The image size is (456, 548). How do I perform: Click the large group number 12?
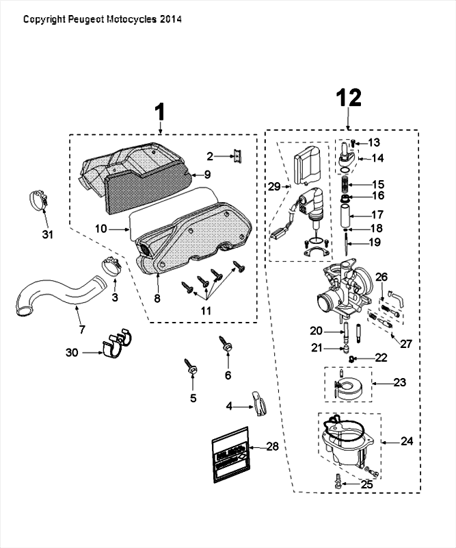click(x=349, y=97)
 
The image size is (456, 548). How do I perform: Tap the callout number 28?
click(x=272, y=447)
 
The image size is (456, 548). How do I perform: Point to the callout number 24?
click(x=407, y=442)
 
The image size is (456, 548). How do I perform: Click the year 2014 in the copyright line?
click(x=170, y=20)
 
